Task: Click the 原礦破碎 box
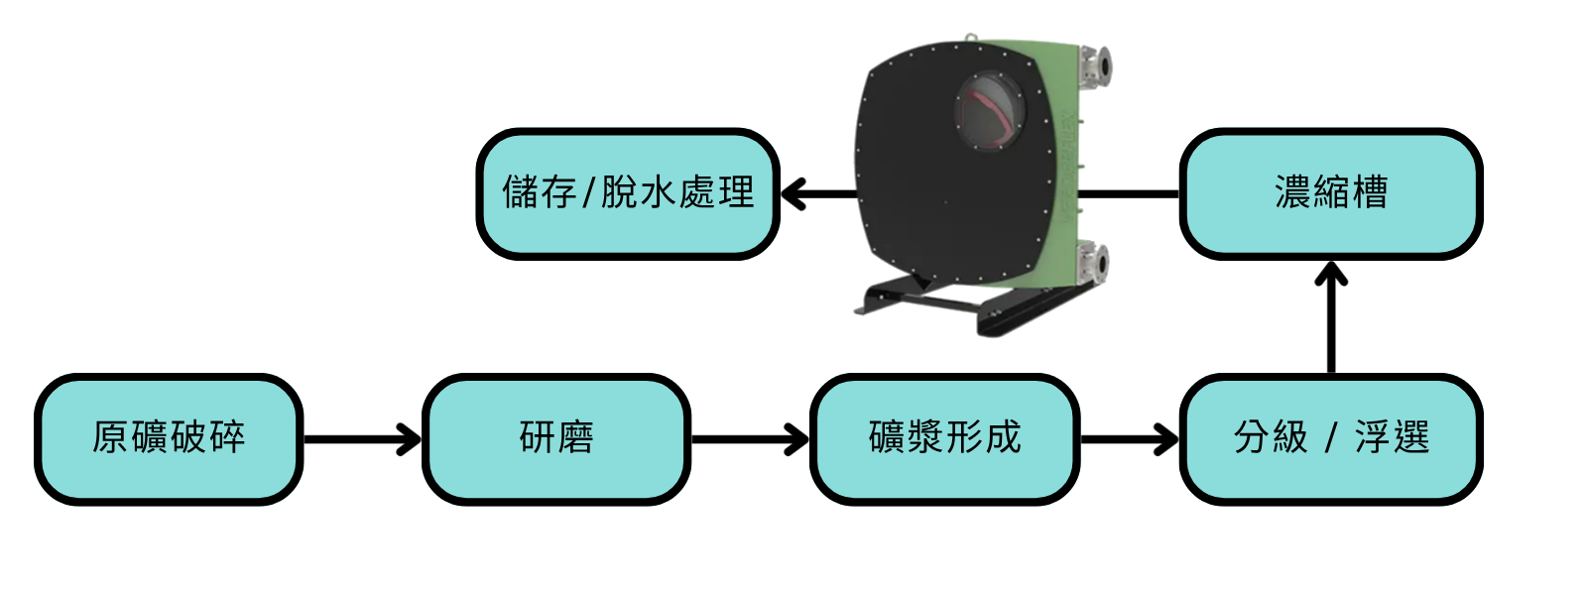169,439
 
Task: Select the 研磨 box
556,439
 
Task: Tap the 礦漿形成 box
944,439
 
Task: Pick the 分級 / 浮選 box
1331,439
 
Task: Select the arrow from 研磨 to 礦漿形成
750,439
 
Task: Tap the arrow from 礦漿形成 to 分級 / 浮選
1130,439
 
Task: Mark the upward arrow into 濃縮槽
1331,317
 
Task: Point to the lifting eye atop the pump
969,38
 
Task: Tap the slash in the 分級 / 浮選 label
1331,437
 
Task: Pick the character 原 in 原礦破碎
110,437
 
